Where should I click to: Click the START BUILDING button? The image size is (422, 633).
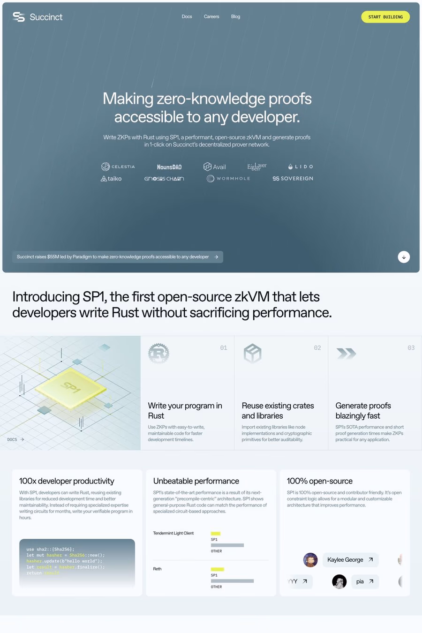pyautogui.click(x=385, y=17)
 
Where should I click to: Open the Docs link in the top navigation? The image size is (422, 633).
pyautogui.click(x=187, y=16)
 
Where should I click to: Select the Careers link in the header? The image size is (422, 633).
pyautogui.click(x=211, y=16)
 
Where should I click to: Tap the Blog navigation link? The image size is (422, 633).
pyautogui.click(x=235, y=16)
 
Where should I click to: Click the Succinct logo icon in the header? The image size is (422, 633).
pyautogui.click(x=19, y=17)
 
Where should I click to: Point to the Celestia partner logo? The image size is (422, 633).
pyautogui.click(x=118, y=166)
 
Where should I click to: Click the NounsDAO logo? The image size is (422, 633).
pyautogui.click(x=169, y=167)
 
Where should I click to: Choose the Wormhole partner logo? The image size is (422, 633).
pyautogui.click(x=228, y=179)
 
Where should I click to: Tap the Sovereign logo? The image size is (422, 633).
pyautogui.click(x=293, y=179)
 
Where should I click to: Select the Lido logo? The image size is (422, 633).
pyautogui.click(x=301, y=166)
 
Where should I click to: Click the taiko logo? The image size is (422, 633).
pyautogui.click(x=111, y=179)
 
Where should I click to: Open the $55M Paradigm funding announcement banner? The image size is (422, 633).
pyautogui.click(x=117, y=257)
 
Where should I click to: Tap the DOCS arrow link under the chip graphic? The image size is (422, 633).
pyautogui.click(x=15, y=439)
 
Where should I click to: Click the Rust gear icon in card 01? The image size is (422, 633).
pyautogui.click(x=158, y=353)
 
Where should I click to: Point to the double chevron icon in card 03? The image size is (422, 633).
pyautogui.click(x=347, y=353)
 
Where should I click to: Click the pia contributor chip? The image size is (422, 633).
pyautogui.click(x=364, y=581)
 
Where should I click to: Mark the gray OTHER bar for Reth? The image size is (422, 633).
pyautogui.click(x=232, y=581)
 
